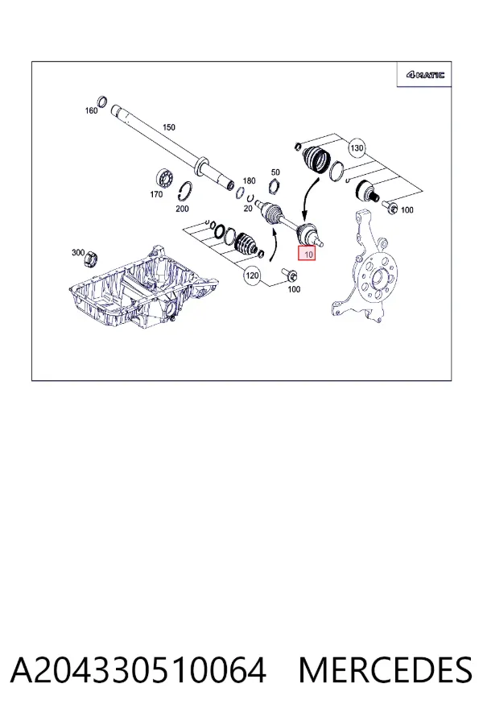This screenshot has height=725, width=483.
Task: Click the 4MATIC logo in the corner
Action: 425,74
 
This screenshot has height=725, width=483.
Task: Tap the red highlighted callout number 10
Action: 307,254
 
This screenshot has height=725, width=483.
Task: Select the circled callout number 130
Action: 357,148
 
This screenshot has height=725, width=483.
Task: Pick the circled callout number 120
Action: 252,276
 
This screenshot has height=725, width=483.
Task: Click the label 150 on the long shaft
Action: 169,127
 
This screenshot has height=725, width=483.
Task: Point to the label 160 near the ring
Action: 91,110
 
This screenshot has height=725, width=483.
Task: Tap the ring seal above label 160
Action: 102,101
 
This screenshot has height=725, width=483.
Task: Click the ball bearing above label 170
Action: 163,178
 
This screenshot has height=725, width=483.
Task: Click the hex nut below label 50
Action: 275,186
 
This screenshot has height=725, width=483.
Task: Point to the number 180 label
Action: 249,180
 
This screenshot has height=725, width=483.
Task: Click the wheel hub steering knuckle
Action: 365,267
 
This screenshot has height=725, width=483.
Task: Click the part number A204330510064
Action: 138,670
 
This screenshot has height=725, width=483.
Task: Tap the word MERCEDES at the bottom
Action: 386,670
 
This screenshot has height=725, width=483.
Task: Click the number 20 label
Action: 248,209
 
